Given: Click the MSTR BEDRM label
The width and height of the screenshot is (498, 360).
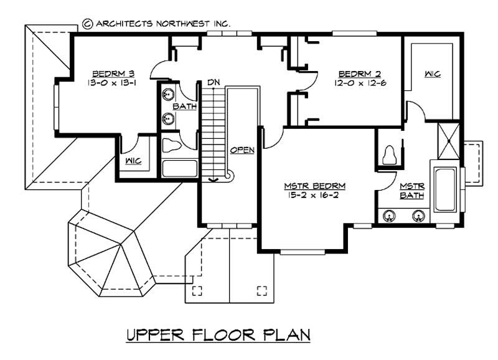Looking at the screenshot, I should coord(315,186).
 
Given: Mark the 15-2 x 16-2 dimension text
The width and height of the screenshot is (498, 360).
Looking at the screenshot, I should coord(315,196).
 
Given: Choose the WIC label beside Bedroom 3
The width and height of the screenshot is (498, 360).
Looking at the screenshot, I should coord(133,161).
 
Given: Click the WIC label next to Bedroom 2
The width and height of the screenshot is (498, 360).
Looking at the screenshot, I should coord(433,74).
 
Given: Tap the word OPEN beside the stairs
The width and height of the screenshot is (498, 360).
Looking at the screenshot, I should coord(242,150).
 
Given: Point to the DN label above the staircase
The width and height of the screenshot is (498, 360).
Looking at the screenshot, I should coord(214,82).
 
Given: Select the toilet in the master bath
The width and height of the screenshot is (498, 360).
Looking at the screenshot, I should coord(391,154).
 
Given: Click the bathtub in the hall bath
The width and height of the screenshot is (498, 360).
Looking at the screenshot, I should coord(179,169).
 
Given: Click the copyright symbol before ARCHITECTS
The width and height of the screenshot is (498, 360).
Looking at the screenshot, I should coord(87,24).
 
